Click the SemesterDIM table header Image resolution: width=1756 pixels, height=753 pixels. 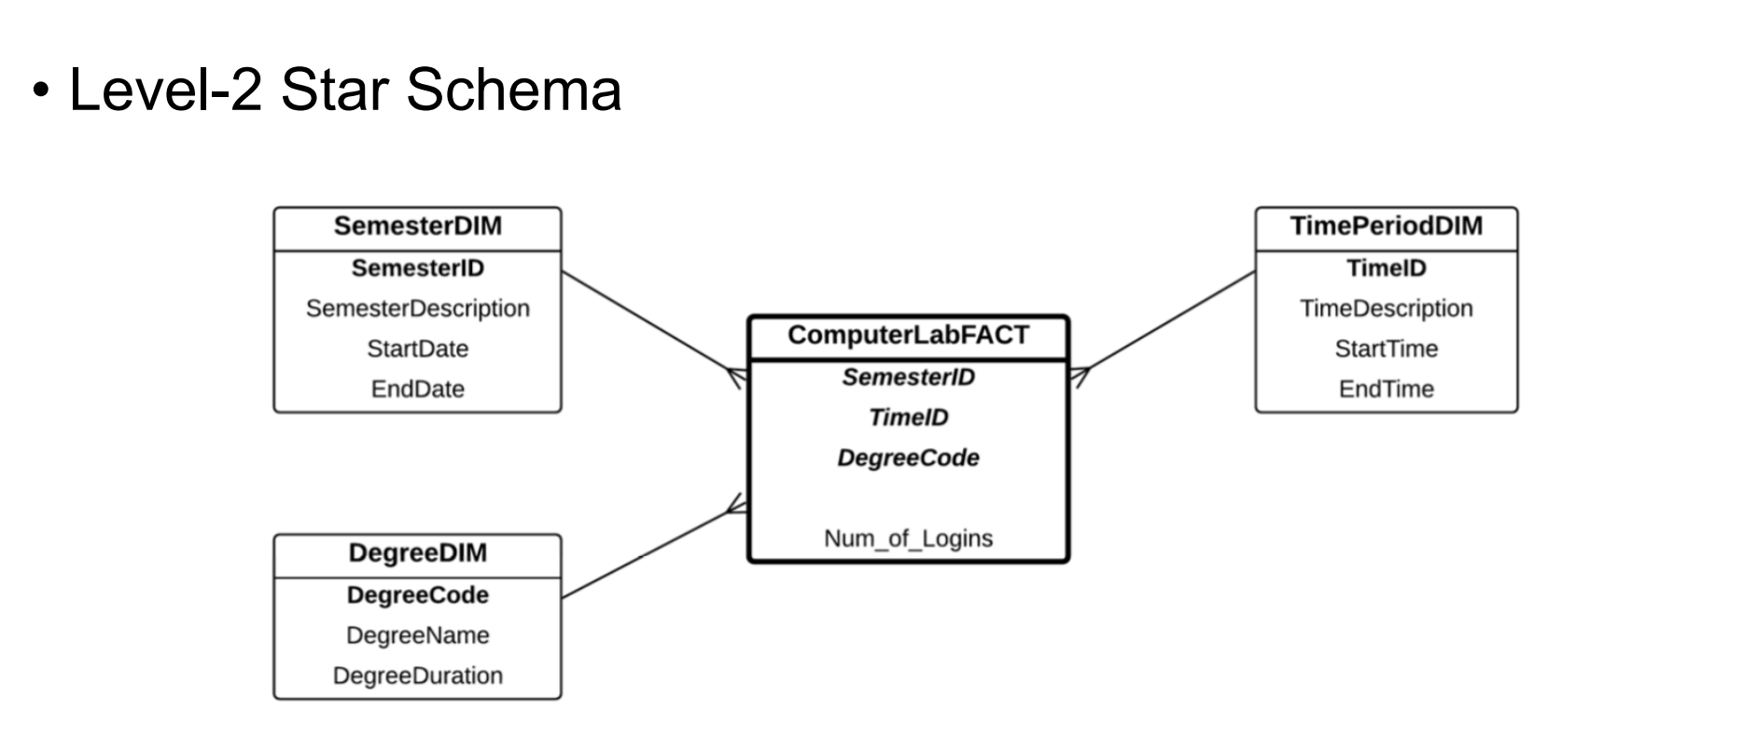point(417,227)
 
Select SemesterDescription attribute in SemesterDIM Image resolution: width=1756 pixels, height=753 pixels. point(417,309)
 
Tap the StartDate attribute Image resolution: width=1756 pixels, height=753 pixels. point(417,349)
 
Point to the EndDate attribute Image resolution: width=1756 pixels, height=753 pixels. point(417,389)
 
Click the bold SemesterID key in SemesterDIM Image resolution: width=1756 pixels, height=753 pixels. point(417,269)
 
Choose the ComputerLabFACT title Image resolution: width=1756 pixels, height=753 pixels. point(908,336)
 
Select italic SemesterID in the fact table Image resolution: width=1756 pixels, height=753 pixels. point(908,377)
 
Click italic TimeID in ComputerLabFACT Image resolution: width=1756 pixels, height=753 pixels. point(908,417)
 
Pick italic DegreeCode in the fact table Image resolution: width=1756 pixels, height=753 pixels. point(908,458)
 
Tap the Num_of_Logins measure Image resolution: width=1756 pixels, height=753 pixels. point(908,538)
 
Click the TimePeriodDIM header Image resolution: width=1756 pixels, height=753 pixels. point(1386,227)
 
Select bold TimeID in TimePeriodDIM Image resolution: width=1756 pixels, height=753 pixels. point(1386,269)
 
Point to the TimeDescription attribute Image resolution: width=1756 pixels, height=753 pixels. point(1386,309)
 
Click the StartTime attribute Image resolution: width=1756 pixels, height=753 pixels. point(1386,349)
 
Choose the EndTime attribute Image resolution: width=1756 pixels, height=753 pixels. point(1386,389)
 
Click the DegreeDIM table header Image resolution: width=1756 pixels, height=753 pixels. point(417,553)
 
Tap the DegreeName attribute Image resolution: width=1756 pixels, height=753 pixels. point(417,635)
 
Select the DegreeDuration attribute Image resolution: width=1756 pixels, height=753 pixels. point(417,676)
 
